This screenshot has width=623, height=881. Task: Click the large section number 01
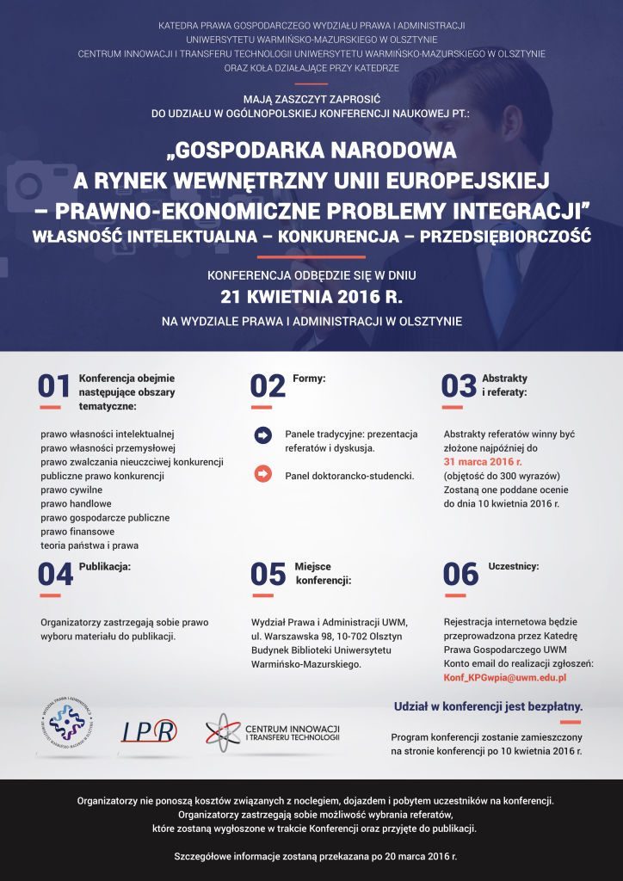tap(54, 386)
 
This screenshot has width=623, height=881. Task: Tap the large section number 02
tap(268, 386)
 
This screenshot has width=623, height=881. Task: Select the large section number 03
tap(459, 386)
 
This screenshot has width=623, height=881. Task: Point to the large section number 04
tap(55, 574)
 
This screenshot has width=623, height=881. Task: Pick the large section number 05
tap(268, 574)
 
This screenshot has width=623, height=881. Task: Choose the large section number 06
tap(460, 574)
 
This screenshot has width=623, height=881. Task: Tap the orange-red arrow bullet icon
tap(263, 474)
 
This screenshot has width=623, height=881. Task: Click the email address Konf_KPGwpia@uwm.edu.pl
tap(504, 678)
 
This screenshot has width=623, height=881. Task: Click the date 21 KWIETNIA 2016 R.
tap(311, 298)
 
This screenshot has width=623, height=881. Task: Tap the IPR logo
tap(149, 731)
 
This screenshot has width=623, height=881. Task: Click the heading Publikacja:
tap(105, 567)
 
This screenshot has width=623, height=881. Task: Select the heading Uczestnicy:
tap(514, 567)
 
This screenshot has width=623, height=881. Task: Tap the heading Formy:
tap(309, 378)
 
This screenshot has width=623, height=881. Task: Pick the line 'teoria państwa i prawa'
tap(89, 545)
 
